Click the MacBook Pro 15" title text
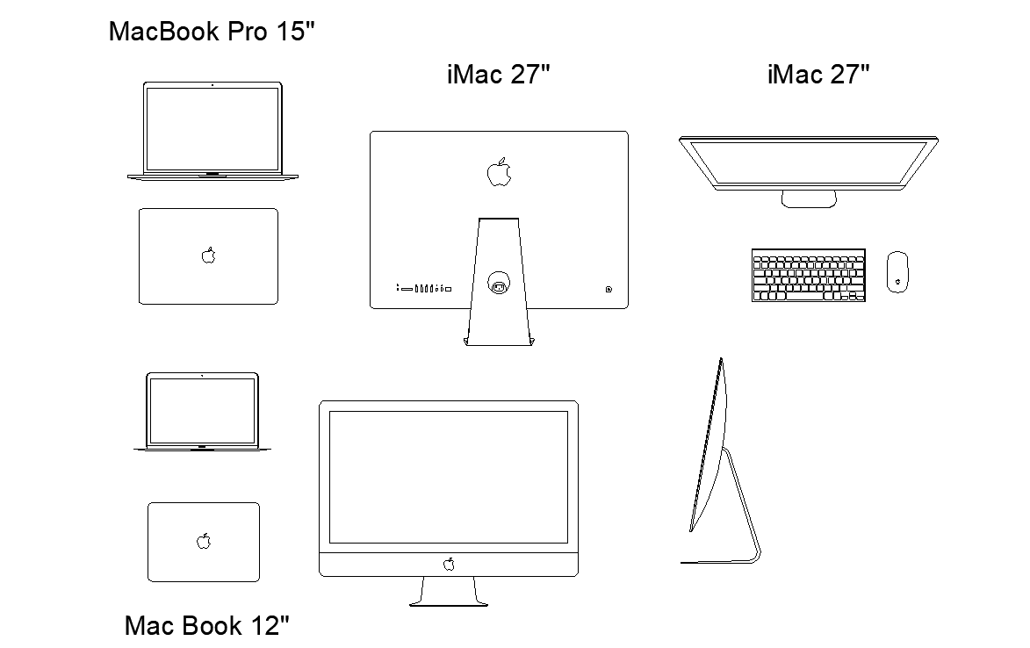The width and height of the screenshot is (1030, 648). click(x=211, y=32)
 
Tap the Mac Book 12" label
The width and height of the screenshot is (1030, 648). click(x=206, y=626)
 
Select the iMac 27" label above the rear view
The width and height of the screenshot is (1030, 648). click(x=498, y=75)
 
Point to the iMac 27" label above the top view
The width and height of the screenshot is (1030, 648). click(x=818, y=75)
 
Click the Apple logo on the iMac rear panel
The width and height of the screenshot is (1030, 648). click(x=499, y=172)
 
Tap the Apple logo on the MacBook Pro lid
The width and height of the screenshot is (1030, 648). click(x=208, y=256)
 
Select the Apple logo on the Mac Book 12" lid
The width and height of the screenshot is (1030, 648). click(x=204, y=541)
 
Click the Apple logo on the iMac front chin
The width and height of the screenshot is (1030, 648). click(x=449, y=564)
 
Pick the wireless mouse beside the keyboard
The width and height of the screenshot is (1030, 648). click(x=897, y=271)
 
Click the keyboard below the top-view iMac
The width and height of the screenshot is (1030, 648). click(x=808, y=275)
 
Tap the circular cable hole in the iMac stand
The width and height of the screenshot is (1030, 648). click(x=498, y=284)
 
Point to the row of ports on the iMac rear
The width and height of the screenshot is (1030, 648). click(x=423, y=288)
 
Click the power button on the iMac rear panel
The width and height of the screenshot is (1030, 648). click(x=609, y=288)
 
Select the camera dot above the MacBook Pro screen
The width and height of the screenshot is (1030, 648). click(x=212, y=85)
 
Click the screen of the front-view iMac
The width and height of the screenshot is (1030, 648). click(x=449, y=477)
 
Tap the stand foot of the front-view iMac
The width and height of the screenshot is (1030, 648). click(x=449, y=602)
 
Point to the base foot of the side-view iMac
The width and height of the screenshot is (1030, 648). click(x=720, y=561)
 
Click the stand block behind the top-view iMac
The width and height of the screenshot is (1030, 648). click(x=809, y=199)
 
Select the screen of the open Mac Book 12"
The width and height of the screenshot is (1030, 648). click(x=202, y=409)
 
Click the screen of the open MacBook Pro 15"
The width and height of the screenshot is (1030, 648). click(x=212, y=128)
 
